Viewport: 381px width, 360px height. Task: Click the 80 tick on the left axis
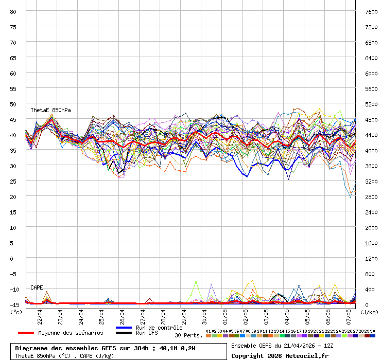13,11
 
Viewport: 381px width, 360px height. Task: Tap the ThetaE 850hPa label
50,110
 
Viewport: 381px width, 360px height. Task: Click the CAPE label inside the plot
37,287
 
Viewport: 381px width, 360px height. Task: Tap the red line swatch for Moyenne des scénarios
26,333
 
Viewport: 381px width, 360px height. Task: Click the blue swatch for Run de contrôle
124,328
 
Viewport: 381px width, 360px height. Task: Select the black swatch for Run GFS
124,333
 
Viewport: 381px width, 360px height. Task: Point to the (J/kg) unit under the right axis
369,311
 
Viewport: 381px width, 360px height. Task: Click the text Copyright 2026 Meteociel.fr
279,355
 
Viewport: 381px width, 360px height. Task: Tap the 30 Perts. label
188,335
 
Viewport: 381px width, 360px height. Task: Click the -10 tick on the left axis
13,289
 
